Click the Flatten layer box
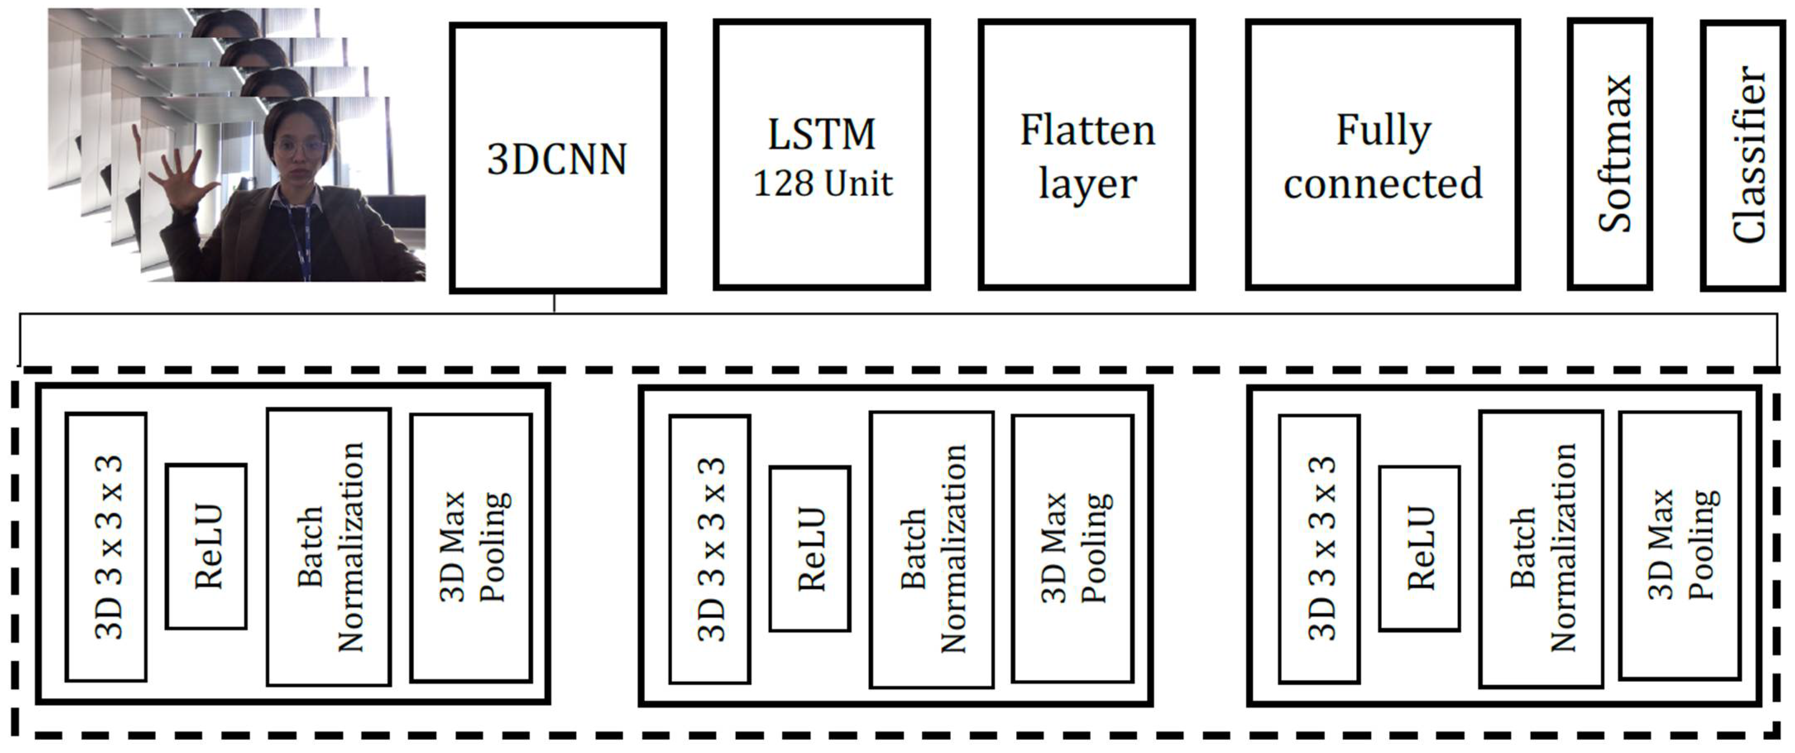[x=1087, y=155]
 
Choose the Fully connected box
[x=1383, y=155]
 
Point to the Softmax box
[x=1610, y=153]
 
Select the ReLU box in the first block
[x=206, y=547]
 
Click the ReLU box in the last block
[x=1419, y=549]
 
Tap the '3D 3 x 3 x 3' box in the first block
[x=106, y=547]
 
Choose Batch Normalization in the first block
[x=328, y=547]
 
